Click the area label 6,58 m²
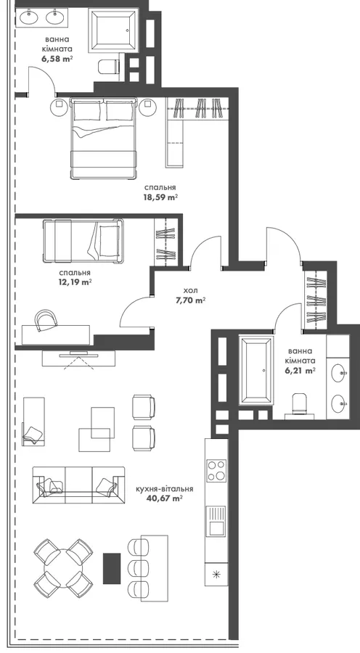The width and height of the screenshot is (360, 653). (x=57, y=59)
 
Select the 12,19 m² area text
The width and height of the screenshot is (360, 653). (x=75, y=282)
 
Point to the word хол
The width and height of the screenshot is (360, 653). (x=190, y=289)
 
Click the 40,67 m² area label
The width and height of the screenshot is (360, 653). (x=165, y=498)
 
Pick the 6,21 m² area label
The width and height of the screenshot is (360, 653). (x=300, y=369)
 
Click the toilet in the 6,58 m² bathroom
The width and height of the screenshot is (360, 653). (x=109, y=66)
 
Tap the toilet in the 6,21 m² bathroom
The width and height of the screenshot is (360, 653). (x=300, y=405)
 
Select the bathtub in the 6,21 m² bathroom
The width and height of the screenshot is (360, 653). (x=255, y=371)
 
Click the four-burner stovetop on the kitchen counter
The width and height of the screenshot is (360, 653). (x=216, y=471)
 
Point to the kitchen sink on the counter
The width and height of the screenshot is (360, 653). (x=216, y=520)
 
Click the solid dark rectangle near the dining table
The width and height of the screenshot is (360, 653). (x=112, y=568)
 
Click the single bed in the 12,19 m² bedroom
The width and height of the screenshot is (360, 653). (x=83, y=241)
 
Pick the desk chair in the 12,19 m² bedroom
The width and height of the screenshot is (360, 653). (x=46, y=320)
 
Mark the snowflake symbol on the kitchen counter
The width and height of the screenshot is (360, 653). (x=216, y=575)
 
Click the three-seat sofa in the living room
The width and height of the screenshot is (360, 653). (x=78, y=485)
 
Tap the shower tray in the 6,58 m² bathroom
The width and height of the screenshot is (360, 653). (x=113, y=30)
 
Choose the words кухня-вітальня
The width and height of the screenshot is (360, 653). (x=165, y=489)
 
